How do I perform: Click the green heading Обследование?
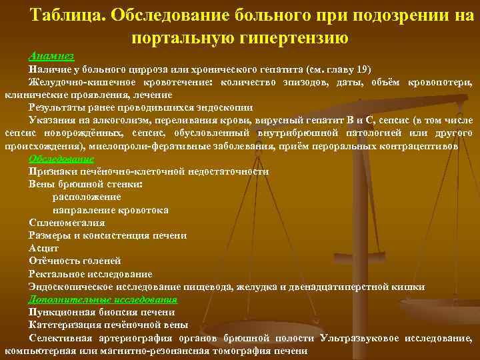coord(61,159)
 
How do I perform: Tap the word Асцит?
coord(44,248)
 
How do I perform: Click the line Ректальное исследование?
coord(91,274)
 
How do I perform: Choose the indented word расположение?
coord(87,197)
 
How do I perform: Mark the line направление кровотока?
coord(111,210)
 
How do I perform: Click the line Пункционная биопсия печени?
coord(102,312)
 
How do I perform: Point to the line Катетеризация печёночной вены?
coord(109,325)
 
